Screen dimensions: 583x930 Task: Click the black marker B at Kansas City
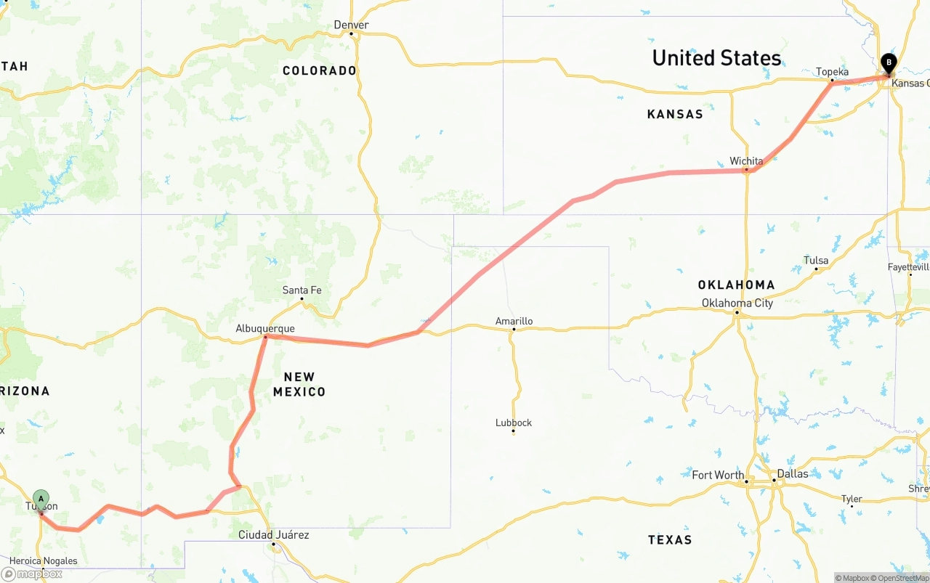(x=889, y=63)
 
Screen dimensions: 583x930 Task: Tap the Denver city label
(x=351, y=25)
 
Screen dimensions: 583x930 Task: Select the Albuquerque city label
(x=265, y=329)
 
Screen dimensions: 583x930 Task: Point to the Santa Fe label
(x=302, y=290)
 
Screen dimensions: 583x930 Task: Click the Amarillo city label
(x=514, y=321)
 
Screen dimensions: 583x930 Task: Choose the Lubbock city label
(x=514, y=423)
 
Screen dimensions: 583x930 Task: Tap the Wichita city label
(x=746, y=161)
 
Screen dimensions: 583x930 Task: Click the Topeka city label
(x=832, y=72)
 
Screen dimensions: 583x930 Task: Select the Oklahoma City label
(x=737, y=303)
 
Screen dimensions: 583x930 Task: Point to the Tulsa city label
(x=816, y=261)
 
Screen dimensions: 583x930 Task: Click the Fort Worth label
(x=718, y=475)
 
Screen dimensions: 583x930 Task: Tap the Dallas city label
(x=792, y=473)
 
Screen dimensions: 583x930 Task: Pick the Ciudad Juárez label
(x=274, y=535)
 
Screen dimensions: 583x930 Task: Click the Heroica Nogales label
(x=43, y=561)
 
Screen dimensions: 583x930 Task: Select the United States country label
(x=716, y=58)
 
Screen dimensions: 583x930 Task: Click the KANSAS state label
(x=675, y=114)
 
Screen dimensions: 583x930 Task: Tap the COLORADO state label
(x=320, y=70)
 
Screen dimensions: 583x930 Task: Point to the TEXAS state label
(x=670, y=539)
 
